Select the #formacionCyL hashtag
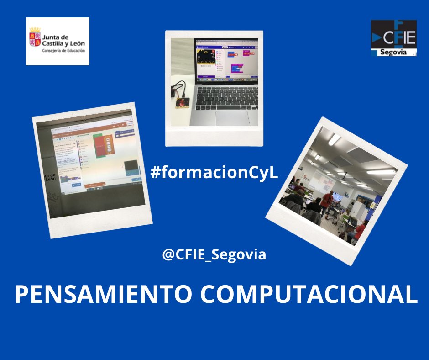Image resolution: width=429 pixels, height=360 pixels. coord(214,173)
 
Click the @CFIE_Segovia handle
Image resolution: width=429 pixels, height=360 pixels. coord(214,254)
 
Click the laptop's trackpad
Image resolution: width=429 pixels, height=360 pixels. coord(233,117)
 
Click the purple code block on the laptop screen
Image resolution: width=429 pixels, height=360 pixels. coord(237,69)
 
